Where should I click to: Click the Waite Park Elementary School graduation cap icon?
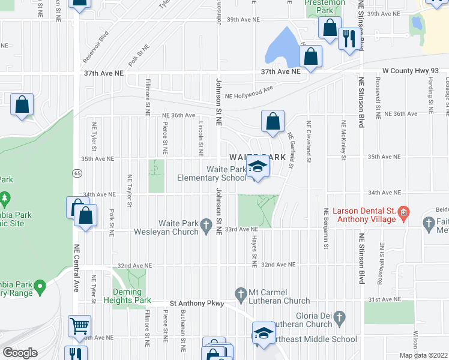[x=257, y=167]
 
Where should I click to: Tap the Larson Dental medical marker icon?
[x=404, y=212]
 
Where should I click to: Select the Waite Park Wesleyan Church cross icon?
[x=206, y=226]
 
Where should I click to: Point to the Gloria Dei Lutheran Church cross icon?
[x=339, y=316]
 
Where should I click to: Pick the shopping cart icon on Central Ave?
[x=80, y=327]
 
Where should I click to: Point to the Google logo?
[x=19, y=352]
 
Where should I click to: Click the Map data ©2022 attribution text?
[x=424, y=355]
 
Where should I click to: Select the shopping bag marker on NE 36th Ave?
[x=273, y=121]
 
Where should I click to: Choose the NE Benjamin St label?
[x=326, y=229]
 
